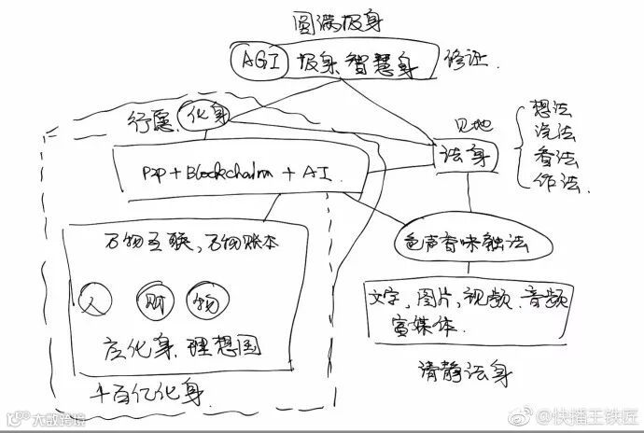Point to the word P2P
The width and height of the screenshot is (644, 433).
[155, 173]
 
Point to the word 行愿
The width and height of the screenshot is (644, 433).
[147, 119]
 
